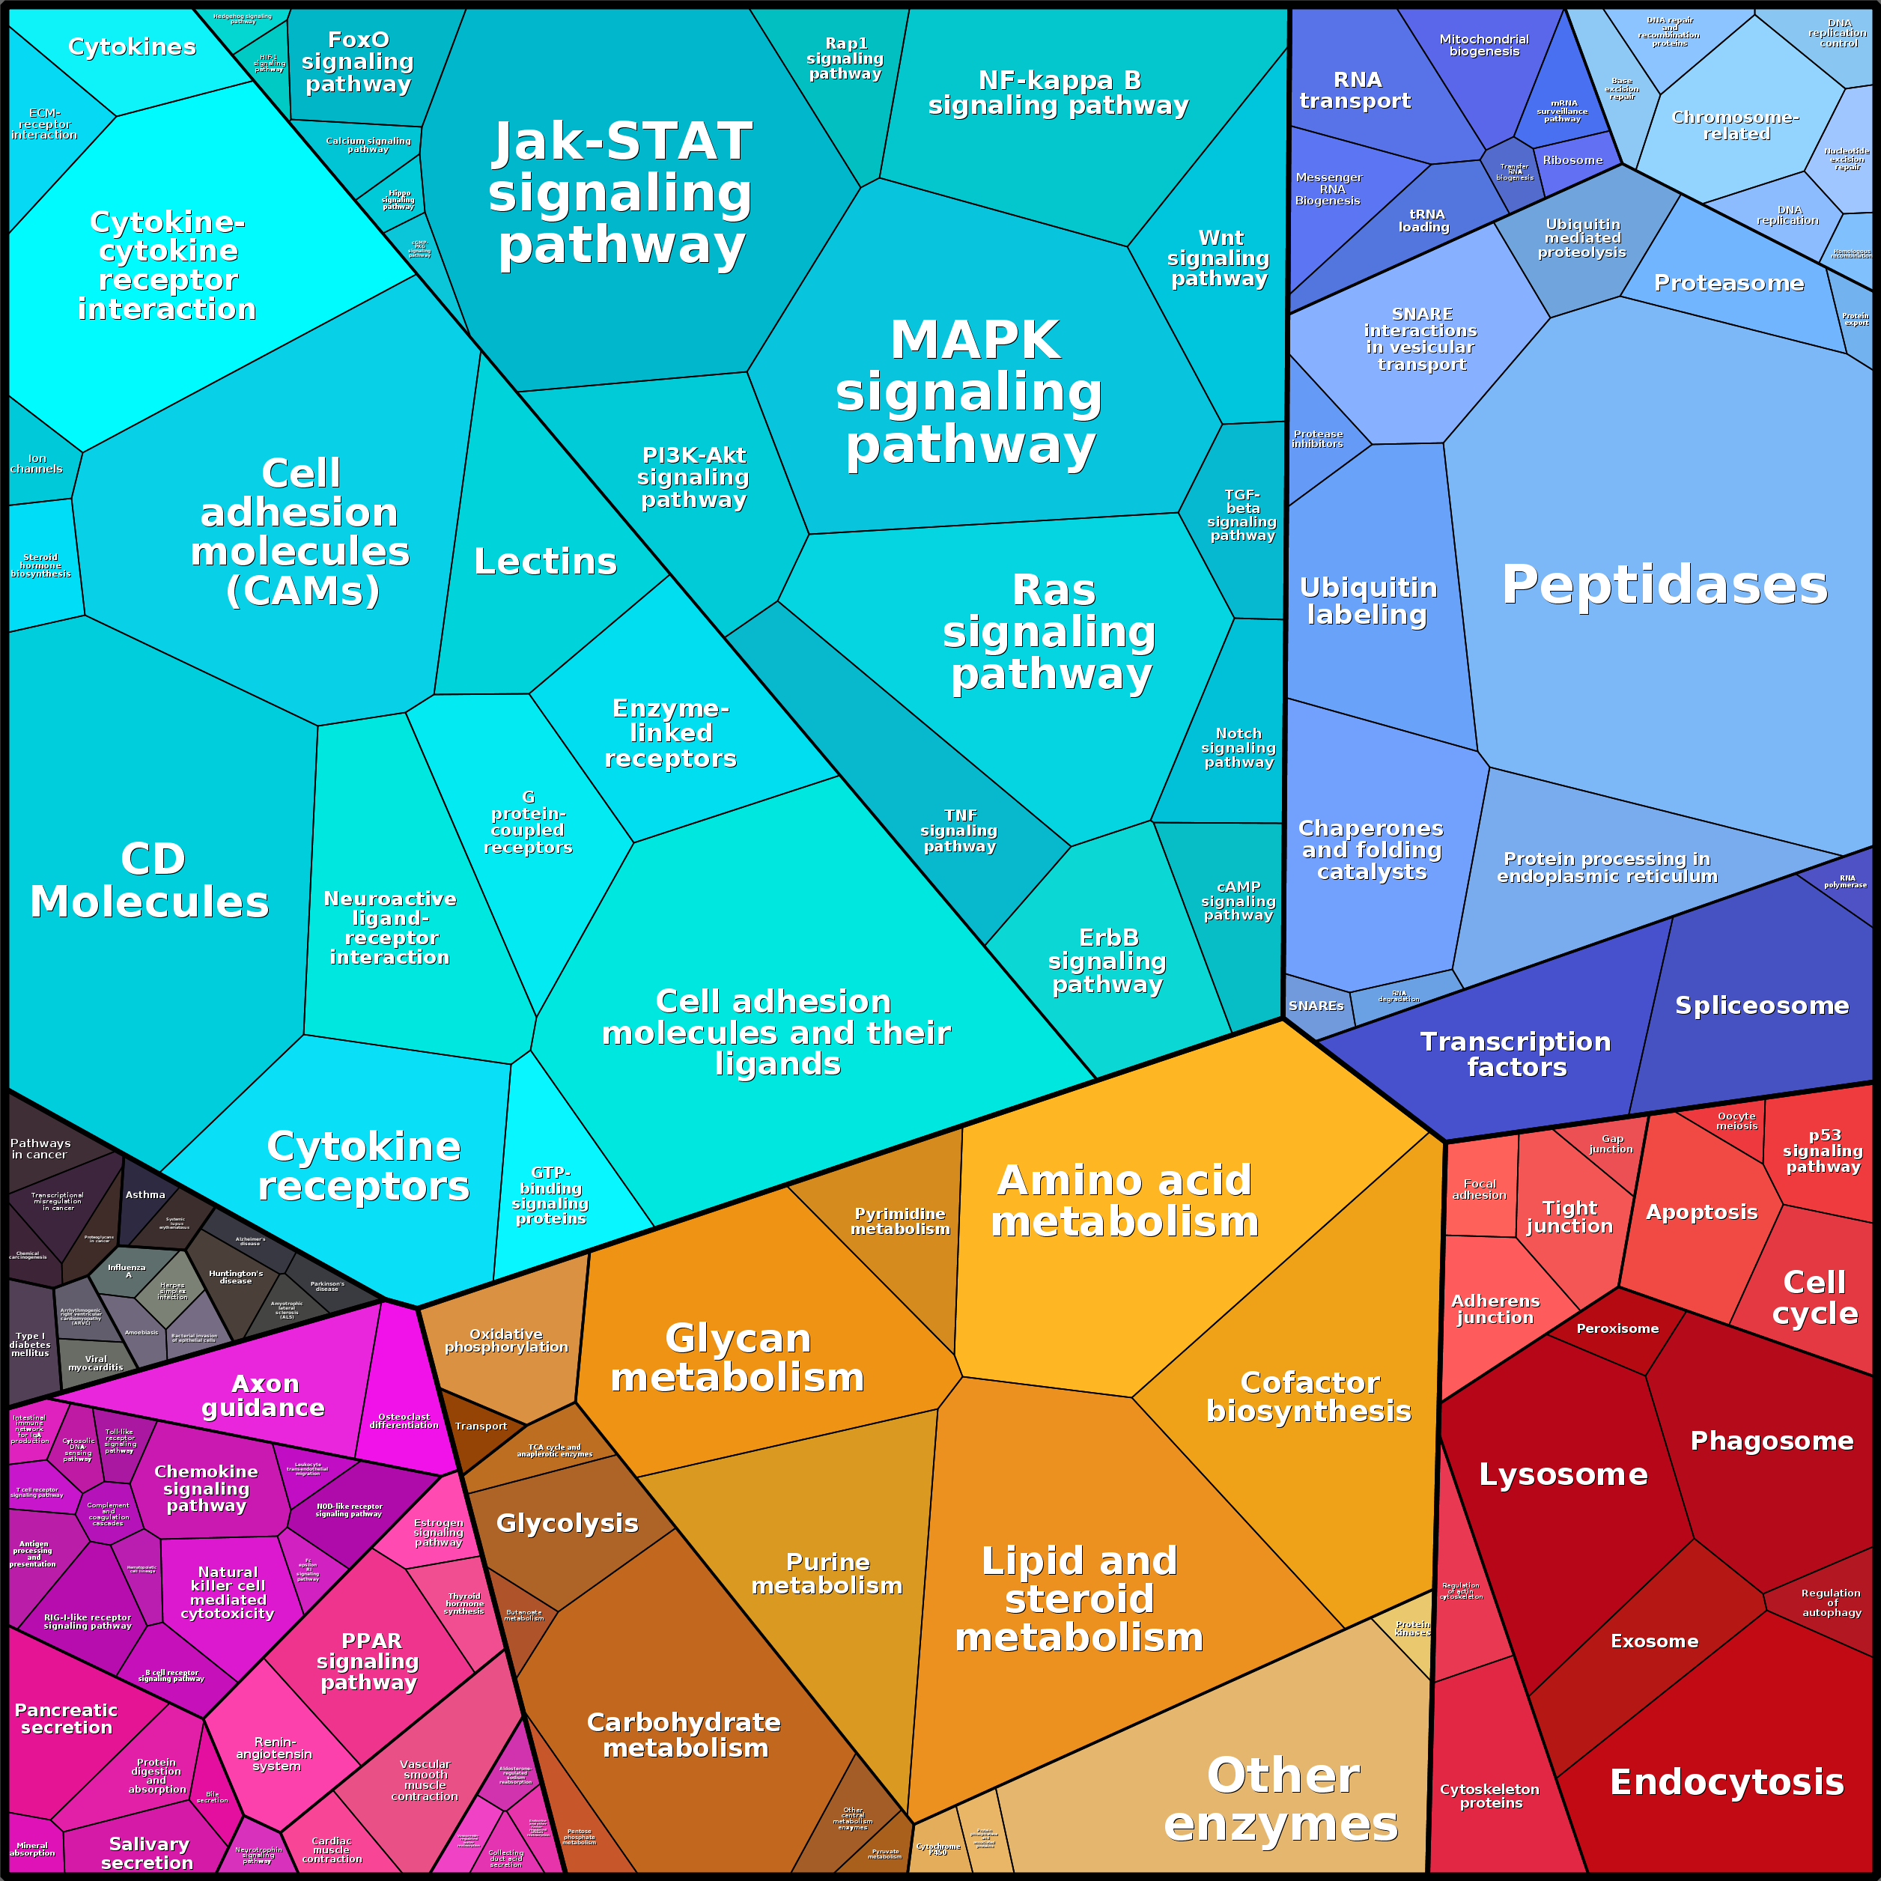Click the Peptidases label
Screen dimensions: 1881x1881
point(1664,585)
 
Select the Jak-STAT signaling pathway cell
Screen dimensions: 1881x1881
point(623,195)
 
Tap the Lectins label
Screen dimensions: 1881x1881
point(545,562)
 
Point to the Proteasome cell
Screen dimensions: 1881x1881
point(1728,283)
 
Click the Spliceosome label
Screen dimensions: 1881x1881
point(1761,1006)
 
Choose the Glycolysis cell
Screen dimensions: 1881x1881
point(567,1524)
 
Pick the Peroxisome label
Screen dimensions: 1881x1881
point(1617,1328)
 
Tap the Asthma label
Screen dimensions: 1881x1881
point(145,1194)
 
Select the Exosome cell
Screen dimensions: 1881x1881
point(1654,1641)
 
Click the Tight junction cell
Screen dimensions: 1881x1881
point(1569,1217)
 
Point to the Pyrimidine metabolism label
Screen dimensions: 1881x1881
point(899,1221)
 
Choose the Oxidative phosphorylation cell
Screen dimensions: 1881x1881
point(506,1340)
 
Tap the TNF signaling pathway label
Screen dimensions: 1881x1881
point(959,830)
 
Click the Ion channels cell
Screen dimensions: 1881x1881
point(36,464)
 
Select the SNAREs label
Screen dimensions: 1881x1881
point(1316,1006)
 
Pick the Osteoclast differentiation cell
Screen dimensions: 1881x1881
point(404,1421)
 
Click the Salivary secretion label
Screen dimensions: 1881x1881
point(148,1853)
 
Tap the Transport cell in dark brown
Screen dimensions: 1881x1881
point(480,1426)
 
